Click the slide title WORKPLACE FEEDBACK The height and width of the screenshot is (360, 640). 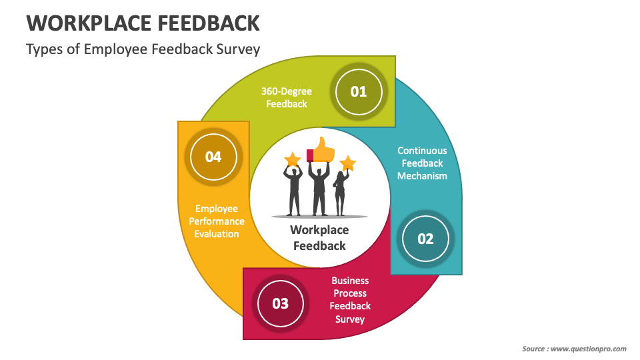click(x=143, y=23)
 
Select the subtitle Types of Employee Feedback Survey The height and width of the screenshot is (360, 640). click(x=143, y=49)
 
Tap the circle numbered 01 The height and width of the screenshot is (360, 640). click(x=359, y=91)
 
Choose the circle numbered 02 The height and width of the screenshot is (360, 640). click(x=425, y=239)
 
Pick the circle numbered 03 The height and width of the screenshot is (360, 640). click(x=280, y=303)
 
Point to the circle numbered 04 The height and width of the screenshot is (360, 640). click(x=213, y=157)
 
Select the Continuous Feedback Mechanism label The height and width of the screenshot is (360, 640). click(x=422, y=163)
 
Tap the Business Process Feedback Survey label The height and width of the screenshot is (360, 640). click(x=350, y=300)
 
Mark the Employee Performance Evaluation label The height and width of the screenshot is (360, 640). click(x=217, y=221)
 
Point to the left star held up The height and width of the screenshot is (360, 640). click(x=292, y=159)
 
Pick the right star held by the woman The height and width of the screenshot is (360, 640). click(x=347, y=163)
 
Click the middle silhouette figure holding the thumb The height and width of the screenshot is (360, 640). click(x=320, y=190)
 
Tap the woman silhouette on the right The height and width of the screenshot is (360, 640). click(x=340, y=193)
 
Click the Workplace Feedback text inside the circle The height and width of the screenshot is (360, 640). click(x=319, y=238)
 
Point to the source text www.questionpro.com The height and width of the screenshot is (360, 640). click(x=587, y=349)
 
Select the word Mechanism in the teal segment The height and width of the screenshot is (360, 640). click(x=422, y=176)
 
